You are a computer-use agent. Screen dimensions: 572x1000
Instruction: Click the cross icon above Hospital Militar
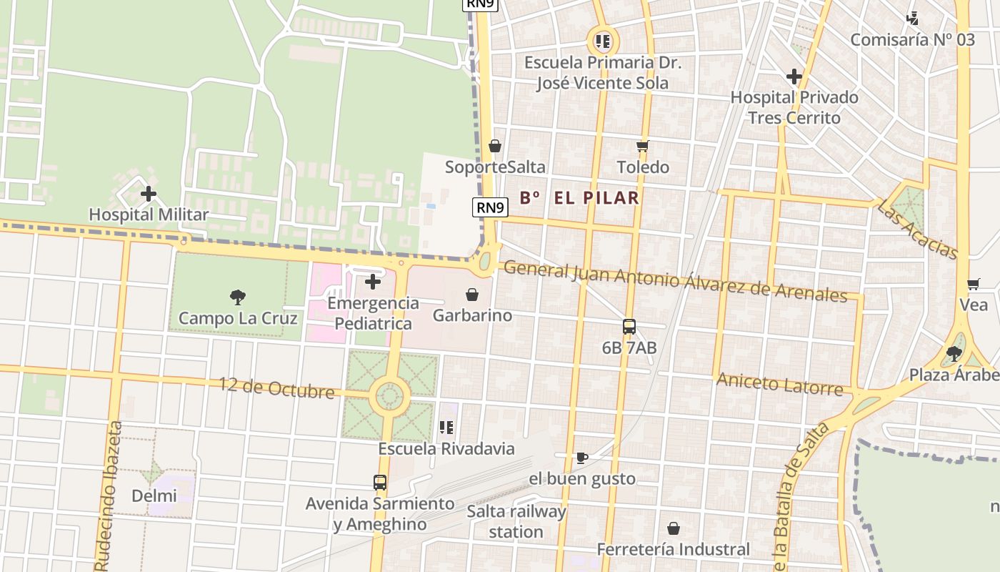pyautogui.click(x=149, y=194)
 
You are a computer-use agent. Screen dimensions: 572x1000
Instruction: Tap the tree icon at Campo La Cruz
pyautogui.click(x=238, y=297)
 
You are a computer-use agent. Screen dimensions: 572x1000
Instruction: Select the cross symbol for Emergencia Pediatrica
pyautogui.click(x=373, y=282)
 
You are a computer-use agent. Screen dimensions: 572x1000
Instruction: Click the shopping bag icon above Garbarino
pyautogui.click(x=472, y=295)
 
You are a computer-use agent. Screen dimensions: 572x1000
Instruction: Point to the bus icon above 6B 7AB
pyautogui.click(x=629, y=327)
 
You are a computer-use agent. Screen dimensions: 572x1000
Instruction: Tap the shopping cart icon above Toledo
pyautogui.click(x=642, y=147)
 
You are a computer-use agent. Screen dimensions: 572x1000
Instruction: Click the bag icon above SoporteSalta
pyautogui.click(x=495, y=147)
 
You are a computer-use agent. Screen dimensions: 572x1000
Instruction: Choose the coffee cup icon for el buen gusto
pyautogui.click(x=582, y=458)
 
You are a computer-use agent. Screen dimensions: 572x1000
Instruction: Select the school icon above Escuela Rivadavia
pyautogui.click(x=446, y=428)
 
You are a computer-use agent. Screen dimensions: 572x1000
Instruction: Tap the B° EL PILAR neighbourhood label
pyautogui.click(x=579, y=198)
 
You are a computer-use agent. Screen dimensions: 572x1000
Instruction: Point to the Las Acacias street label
pyautogui.click(x=917, y=229)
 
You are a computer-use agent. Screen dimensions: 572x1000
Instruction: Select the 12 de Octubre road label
pyautogui.click(x=276, y=388)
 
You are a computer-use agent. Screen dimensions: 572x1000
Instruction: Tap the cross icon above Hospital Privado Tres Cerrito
pyautogui.click(x=794, y=77)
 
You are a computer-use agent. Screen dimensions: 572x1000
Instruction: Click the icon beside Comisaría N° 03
pyautogui.click(x=912, y=19)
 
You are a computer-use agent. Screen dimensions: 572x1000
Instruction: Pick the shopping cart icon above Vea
pyautogui.click(x=973, y=285)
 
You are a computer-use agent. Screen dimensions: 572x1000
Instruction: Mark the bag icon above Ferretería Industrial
pyautogui.click(x=673, y=528)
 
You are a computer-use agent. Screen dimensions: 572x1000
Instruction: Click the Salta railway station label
pyautogui.click(x=516, y=521)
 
